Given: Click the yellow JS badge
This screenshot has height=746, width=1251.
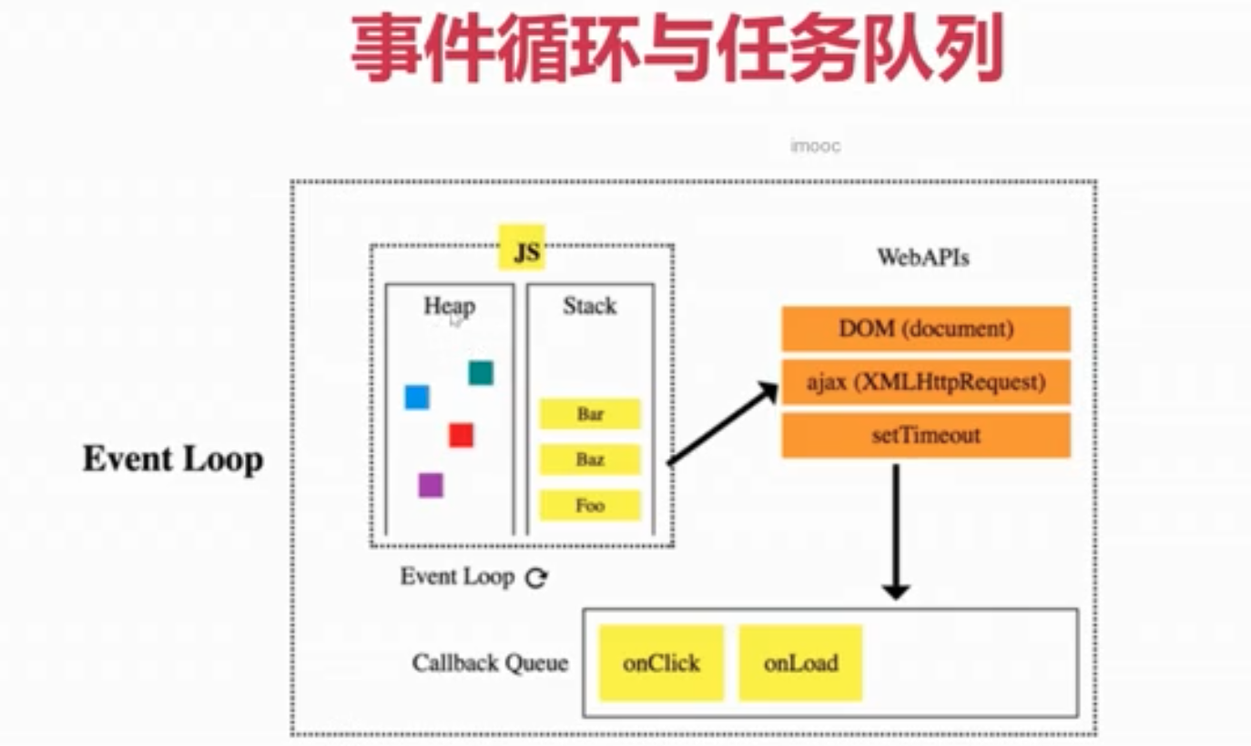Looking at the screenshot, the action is coord(522,247).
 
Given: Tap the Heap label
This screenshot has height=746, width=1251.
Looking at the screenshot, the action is coord(450,307).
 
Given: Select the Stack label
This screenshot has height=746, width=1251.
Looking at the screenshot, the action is coord(590,306).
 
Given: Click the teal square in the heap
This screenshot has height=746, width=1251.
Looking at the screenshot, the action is coord(481,373).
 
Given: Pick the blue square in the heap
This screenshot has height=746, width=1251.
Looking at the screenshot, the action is coord(417,398).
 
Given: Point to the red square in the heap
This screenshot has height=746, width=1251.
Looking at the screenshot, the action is coord(462,435).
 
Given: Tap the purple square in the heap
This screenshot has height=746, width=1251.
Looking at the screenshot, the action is coord(431,486).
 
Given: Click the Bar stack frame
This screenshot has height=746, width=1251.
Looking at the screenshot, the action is coord(590,414).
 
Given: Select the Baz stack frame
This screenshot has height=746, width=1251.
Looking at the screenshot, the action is coord(590,459).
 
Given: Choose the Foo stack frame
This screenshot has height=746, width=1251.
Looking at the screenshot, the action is coord(590,506).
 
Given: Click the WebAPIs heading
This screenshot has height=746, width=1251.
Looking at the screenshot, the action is coord(923,257).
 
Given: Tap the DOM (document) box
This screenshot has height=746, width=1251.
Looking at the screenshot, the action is coord(926,328).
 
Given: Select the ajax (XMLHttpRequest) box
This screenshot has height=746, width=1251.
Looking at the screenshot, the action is coord(926,382).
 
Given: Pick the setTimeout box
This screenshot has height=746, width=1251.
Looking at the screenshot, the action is coord(926,435).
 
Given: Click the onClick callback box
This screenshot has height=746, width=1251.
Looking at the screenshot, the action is coord(661,663).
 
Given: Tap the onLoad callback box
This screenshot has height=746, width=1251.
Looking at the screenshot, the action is coord(801,663).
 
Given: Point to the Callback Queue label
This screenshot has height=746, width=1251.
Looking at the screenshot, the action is coord(490,663).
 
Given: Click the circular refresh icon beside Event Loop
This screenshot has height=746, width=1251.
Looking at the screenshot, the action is coord(536,578).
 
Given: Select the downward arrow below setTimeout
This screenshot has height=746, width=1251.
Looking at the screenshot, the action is coord(896,531).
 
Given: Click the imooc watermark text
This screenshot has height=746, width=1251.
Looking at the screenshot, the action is coord(816,146).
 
